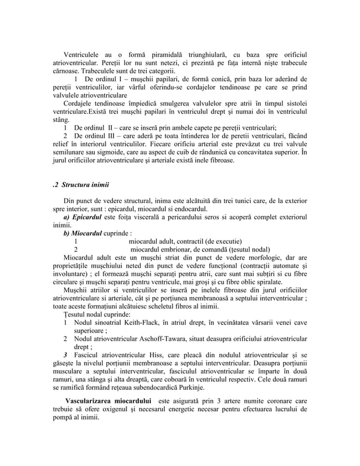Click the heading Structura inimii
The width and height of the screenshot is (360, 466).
(86, 184)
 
